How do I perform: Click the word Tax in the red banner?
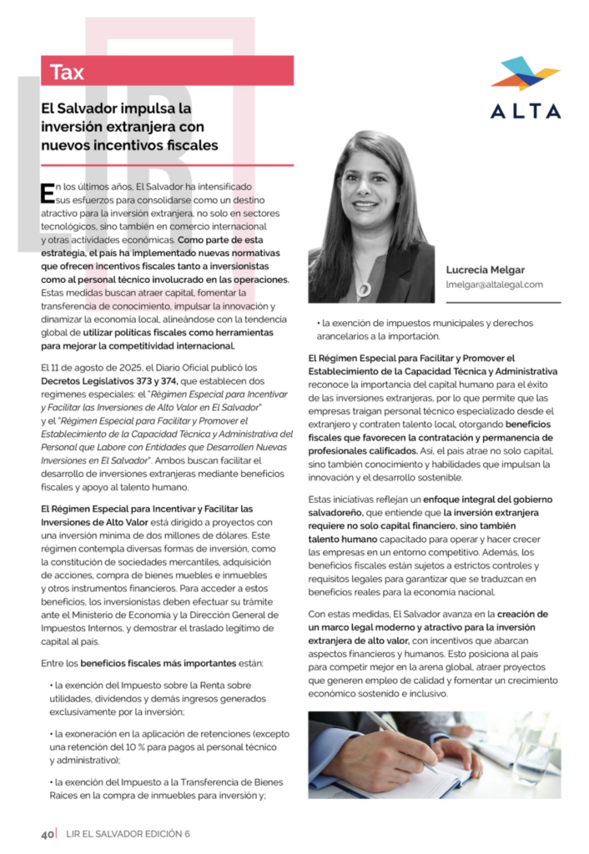point(68,72)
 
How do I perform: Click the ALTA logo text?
point(525,111)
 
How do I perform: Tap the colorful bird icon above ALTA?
point(524,73)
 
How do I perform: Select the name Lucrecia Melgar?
point(486,269)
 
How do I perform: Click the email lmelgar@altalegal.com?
point(494,284)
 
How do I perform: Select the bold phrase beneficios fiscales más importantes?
point(159,663)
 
